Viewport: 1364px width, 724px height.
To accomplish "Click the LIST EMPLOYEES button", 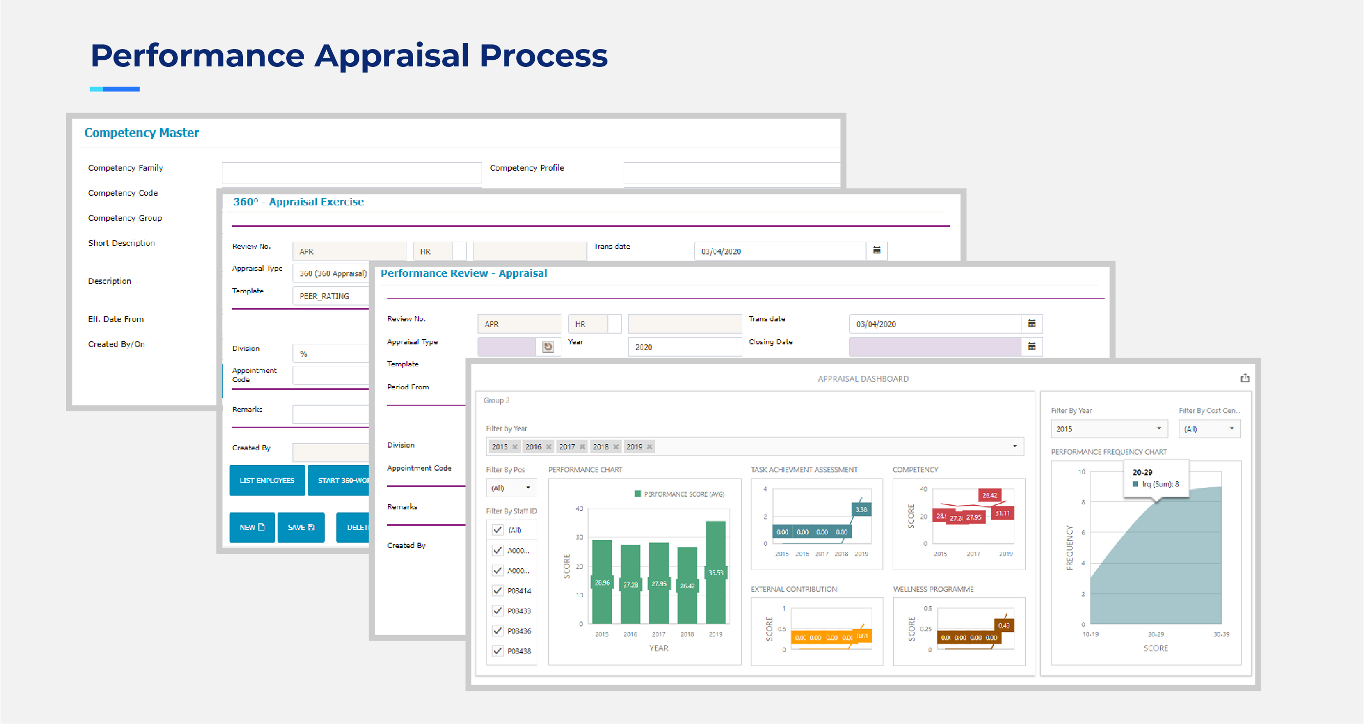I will pyautogui.click(x=267, y=480).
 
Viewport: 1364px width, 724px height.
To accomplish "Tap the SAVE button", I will pyautogui.click(x=301, y=527).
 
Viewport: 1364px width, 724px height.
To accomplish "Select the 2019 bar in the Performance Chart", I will pyautogui.click(x=715, y=572).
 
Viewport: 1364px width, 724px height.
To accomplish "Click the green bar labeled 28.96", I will pyautogui.click(x=602, y=581).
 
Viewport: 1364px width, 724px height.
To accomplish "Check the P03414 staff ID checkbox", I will pyautogui.click(x=498, y=590).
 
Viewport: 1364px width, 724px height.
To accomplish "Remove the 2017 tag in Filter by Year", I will pyautogui.click(x=582, y=447).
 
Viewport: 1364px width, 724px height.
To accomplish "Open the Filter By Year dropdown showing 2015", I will pyautogui.click(x=1108, y=429).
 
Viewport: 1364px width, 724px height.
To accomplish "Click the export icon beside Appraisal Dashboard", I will pyautogui.click(x=1245, y=378).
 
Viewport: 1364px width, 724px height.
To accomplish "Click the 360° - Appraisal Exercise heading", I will pyautogui.click(x=298, y=202).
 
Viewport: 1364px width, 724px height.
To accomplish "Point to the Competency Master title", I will pyautogui.click(x=142, y=133).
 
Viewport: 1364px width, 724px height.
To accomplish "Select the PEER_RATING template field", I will pyautogui.click(x=330, y=296).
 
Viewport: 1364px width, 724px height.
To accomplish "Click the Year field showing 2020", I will pyautogui.click(x=684, y=347).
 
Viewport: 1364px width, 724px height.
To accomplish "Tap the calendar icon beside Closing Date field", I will pyautogui.click(x=1032, y=346).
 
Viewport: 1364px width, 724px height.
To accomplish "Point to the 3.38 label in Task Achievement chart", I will pyautogui.click(x=861, y=509).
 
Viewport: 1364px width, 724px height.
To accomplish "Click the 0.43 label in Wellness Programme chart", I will pyautogui.click(x=1004, y=625).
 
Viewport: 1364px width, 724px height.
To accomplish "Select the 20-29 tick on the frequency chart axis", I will pyautogui.click(x=1155, y=634).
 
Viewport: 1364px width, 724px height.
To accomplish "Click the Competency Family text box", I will pyautogui.click(x=352, y=173).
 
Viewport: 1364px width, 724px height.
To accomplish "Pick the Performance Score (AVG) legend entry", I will pyautogui.click(x=679, y=494).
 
